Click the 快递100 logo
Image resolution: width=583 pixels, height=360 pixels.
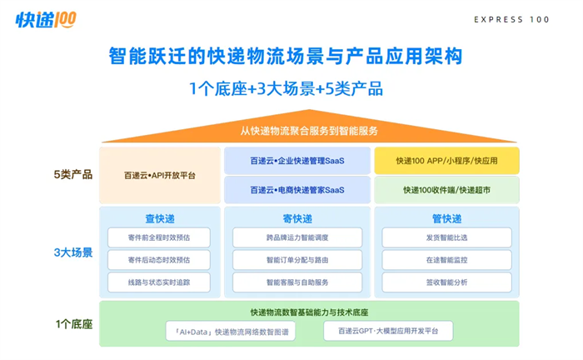(x=46, y=20)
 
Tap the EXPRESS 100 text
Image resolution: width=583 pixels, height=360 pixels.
(x=511, y=20)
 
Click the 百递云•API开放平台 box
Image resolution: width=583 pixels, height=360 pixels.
(x=160, y=175)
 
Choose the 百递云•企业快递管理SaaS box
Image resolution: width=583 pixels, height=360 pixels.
(x=297, y=161)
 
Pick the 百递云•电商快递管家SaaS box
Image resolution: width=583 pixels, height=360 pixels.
(x=297, y=190)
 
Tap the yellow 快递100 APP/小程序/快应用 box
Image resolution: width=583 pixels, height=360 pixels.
(x=446, y=161)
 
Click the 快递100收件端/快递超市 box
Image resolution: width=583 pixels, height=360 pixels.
(x=446, y=190)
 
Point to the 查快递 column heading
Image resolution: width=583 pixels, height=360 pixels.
(x=160, y=218)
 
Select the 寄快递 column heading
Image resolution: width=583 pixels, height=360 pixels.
(x=297, y=218)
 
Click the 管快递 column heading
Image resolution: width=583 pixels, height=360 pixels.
(x=446, y=218)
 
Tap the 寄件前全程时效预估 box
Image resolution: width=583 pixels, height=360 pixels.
(x=159, y=237)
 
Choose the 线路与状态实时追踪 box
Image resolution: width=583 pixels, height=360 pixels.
(x=159, y=282)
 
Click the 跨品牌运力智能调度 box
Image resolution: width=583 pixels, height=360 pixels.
(x=297, y=237)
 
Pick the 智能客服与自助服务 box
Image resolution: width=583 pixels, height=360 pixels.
(x=297, y=282)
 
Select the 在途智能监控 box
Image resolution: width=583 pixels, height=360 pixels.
(x=446, y=260)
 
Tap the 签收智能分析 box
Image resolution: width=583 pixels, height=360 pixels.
(x=446, y=282)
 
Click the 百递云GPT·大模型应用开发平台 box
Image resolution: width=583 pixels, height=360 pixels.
(x=388, y=331)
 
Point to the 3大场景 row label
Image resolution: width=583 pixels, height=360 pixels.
(x=73, y=252)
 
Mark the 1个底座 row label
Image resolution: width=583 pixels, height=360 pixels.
(x=74, y=324)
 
